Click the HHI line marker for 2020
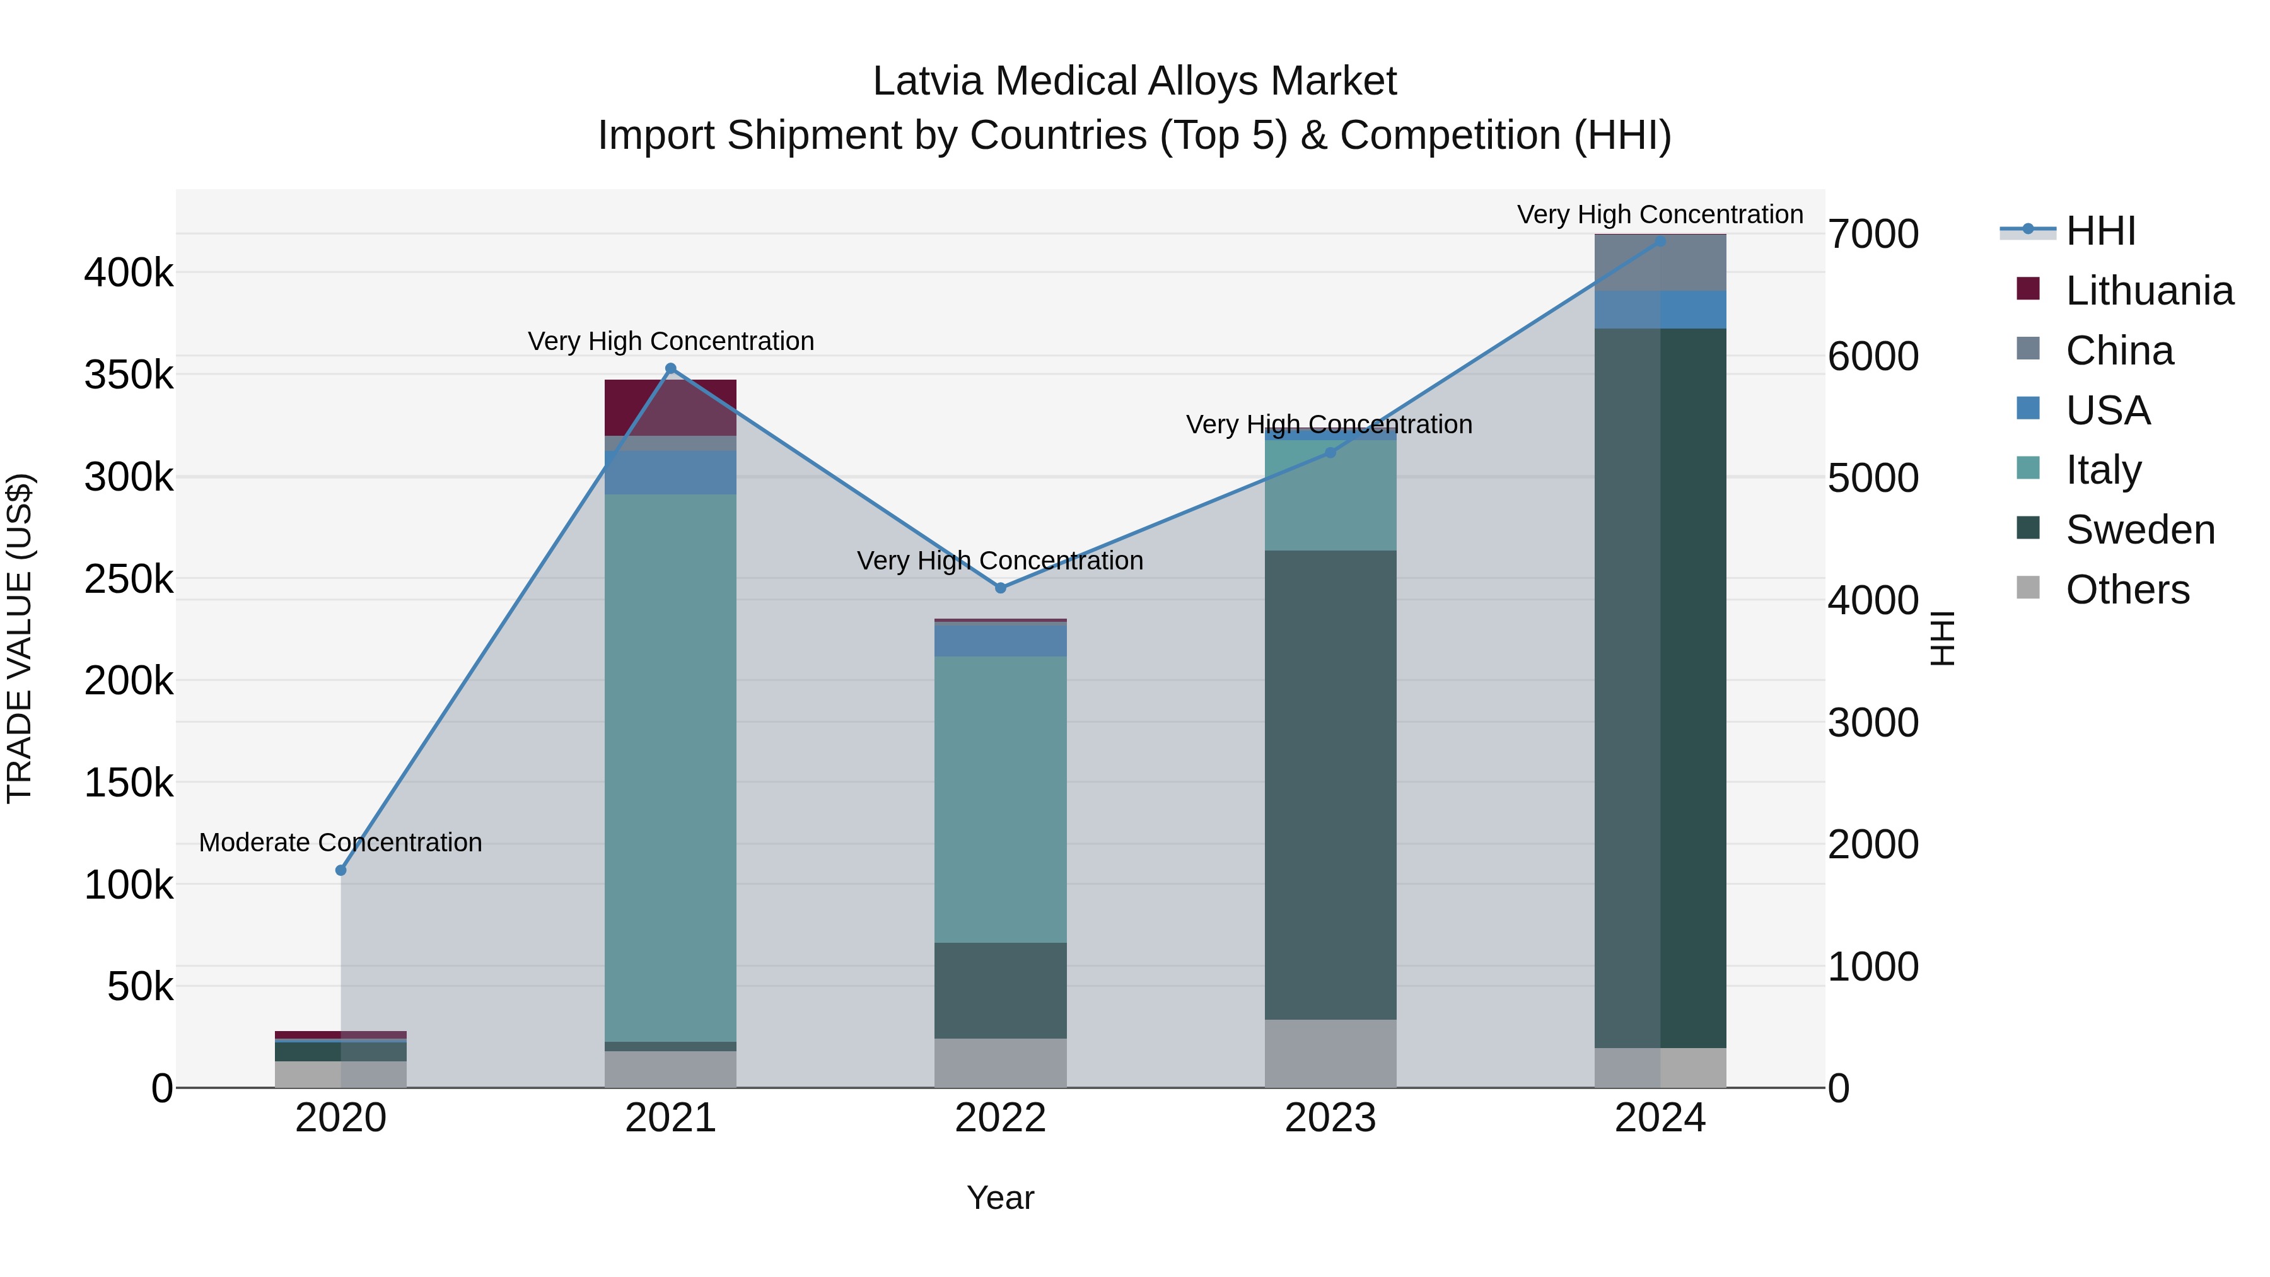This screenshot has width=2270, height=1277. tap(341, 870)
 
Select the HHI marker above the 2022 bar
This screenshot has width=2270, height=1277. tap(1000, 588)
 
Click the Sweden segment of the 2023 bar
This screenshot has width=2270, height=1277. tap(1330, 784)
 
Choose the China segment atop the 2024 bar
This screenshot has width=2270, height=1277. tap(1660, 262)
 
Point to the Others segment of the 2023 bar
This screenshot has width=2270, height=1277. tap(1330, 1053)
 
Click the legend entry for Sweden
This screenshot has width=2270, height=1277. tap(2139, 530)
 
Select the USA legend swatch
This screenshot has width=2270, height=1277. tap(2028, 409)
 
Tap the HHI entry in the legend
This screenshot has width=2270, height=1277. tap(2100, 231)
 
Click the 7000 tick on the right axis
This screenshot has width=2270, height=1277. tap(1873, 235)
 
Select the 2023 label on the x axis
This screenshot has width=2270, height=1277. tap(1330, 1118)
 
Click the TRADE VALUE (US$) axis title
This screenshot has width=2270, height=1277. tap(20, 638)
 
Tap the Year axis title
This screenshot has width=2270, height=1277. tap(1000, 1198)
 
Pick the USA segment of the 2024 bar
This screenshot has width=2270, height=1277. tap(1660, 310)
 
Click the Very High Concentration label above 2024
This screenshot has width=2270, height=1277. tap(1660, 215)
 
